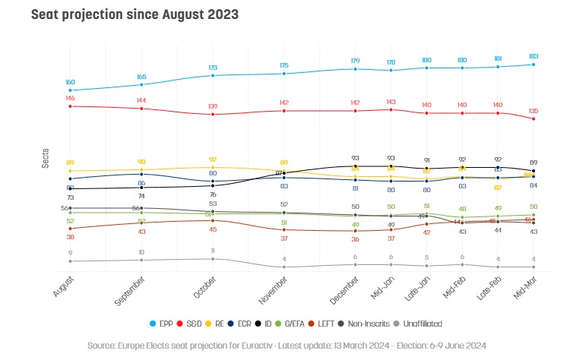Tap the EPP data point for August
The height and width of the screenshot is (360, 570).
click(x=70, y=90)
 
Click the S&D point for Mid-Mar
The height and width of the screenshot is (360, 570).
click(x=534, y=119)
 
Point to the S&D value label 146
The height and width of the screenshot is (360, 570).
click(x=70, y=98)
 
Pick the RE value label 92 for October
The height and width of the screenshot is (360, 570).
click(x=213, y=159)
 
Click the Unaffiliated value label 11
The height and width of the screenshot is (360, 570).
click(x=213, y=250)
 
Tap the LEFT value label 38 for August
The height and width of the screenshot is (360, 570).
click(x=70, y=237)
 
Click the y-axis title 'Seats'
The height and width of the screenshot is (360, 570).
click(x=46, y=156)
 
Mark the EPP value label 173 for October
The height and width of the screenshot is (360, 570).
click(x=213, y=68)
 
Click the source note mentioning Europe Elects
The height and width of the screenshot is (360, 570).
click(x=286, y=344)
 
